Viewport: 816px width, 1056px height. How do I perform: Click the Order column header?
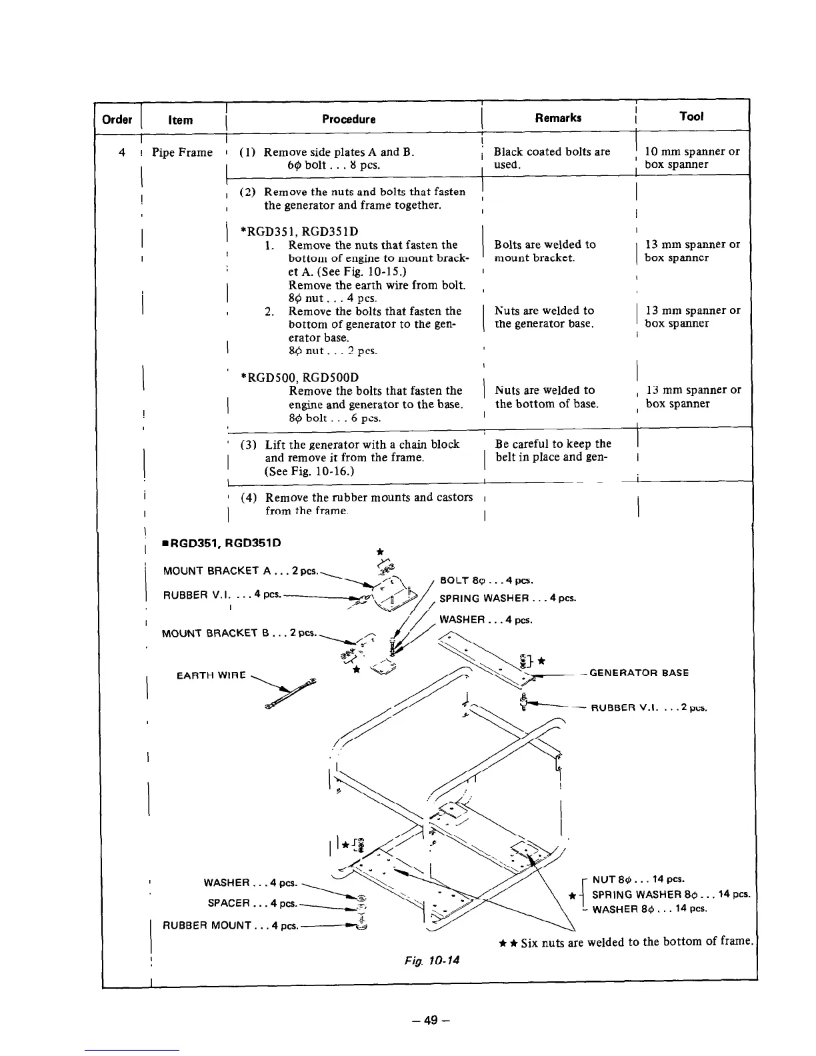pos(117,120)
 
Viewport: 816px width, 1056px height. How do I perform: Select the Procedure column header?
pos(349,119)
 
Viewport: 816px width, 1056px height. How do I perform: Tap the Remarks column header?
pos(558,118)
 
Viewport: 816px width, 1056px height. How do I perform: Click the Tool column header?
pos(691,117)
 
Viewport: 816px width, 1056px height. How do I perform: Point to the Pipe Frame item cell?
pos(182,152)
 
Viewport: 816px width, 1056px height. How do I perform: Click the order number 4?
pos(121,152)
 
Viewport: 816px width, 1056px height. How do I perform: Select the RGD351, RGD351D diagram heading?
pos(221,543)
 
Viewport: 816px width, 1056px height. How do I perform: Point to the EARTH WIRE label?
pos(211,676)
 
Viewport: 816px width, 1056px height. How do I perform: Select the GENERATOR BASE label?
pos(639,673)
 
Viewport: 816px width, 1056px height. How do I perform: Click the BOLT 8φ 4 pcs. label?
pos(486,581)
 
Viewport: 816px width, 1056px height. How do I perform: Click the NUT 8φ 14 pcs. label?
pos(638,879)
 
